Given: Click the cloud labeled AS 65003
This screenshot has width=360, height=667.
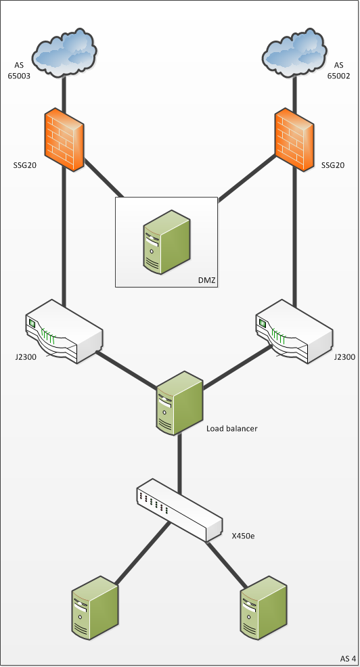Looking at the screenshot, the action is click(65, 53).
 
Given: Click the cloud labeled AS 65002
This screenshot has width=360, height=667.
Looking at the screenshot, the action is click(295, 53).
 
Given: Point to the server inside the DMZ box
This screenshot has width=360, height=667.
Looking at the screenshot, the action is click(166, 241).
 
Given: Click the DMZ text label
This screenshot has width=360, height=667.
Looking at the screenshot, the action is click(207, 280).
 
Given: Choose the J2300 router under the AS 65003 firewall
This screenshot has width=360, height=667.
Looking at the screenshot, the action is click(64, 331).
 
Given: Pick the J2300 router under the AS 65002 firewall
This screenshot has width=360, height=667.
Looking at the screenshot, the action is click(294, 331).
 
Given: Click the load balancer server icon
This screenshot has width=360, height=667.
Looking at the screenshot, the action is click(179, 402).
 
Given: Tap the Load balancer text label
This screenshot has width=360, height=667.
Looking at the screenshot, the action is click(232, 428).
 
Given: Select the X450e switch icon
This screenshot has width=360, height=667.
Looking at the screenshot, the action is click(179, 510).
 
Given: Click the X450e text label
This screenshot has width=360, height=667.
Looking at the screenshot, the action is click(244, 536).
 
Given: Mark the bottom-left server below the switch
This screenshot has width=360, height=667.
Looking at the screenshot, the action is click(95, 608).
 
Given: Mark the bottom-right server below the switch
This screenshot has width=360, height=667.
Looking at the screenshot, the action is click(263, 608).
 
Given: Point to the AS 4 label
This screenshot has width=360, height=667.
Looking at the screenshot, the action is click(348, 658).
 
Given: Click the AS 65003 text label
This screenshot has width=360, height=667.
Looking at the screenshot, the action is click(19, 70).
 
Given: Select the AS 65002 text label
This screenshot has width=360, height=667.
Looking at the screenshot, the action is click(338, 70).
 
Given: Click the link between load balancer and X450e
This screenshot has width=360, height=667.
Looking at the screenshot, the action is click(179, 463).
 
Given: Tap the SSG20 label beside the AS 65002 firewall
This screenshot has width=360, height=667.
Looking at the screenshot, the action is click(333, 165).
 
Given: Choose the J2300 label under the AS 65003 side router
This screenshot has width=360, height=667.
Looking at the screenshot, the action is click(25, 357).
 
